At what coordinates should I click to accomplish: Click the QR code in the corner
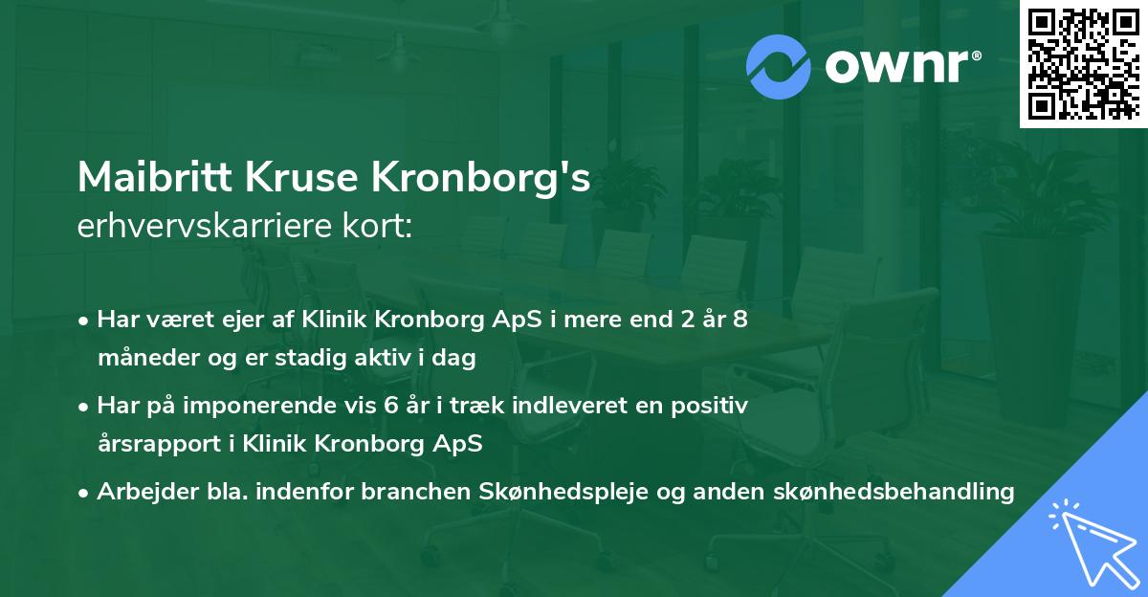[x=1082, y=63]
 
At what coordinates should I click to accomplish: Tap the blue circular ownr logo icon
[x=778, y=67]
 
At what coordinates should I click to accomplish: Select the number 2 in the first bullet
[x=684, y=320]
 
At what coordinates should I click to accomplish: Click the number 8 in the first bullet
[x=740, y=320]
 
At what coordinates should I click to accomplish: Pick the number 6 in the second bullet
[x=389, y=406]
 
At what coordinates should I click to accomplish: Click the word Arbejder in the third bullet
[x=140, y=492]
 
